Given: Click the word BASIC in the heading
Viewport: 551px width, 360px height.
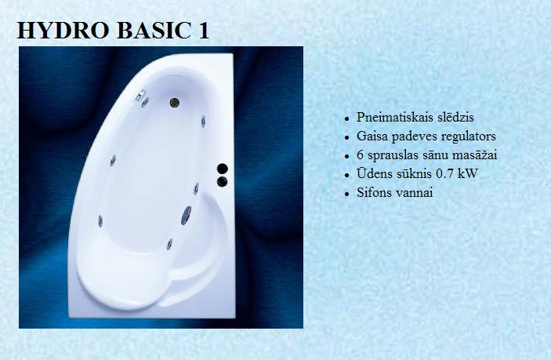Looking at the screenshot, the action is pos(154,31).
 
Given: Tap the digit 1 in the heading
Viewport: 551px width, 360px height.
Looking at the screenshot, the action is pos(204,31).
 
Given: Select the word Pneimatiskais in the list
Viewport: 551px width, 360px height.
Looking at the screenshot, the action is pos(394,118).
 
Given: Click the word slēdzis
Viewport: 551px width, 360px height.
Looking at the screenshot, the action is pos(455,117).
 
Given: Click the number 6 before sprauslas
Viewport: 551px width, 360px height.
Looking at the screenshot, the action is pos(360,155).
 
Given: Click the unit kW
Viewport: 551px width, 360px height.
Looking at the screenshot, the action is pos(468,173).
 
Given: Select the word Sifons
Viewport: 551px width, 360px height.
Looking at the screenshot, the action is pos(374,192).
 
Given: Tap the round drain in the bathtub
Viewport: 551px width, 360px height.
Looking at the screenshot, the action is pos(175,103).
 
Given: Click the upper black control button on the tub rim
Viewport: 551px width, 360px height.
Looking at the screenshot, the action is pos(222,169).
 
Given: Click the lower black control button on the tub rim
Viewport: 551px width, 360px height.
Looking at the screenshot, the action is pos(222,182).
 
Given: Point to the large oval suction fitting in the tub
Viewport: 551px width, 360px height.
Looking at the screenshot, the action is pos(186,215).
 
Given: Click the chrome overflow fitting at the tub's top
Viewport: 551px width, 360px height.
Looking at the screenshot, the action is pos(140,95).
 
